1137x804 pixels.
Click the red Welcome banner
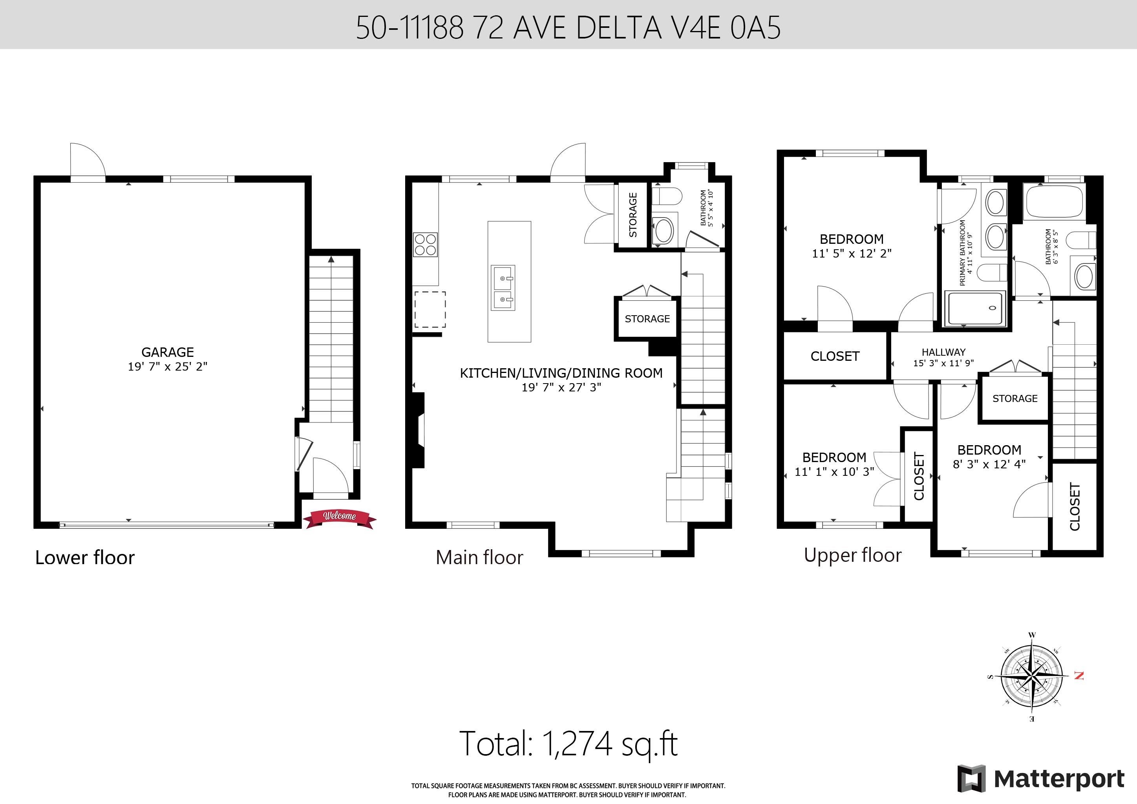point(340,518)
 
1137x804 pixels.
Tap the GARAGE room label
point(167,352)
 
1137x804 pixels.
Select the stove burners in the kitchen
point(425,245)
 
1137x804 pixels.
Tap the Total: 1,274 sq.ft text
point(568,743)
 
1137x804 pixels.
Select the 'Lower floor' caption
point(85,557)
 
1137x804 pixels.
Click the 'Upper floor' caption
point(853,555)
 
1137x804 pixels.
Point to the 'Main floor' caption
point(479,557)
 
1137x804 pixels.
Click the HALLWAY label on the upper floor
point(943,352)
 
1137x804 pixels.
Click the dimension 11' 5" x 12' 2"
point(852,254)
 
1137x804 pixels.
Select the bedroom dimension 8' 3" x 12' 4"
point(989,464)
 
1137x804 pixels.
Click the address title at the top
point(568,27)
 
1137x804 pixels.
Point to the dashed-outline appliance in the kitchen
point(430,309)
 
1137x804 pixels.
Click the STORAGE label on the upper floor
point(1015,398)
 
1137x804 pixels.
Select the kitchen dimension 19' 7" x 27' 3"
point(561,387)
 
